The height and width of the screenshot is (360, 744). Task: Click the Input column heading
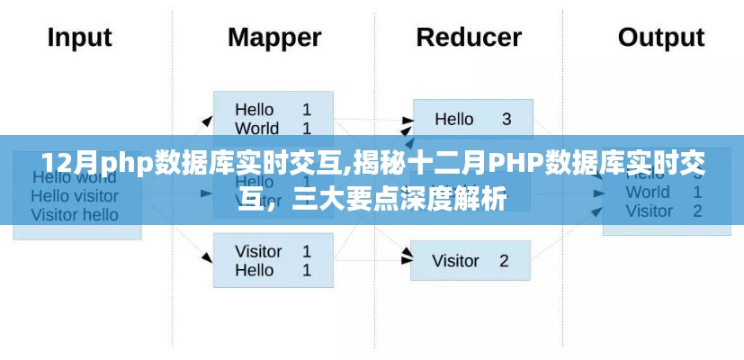tap(79, 38)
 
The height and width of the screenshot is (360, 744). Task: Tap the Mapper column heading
tap(274, 38)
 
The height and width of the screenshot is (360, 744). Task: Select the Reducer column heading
tap(469, 38)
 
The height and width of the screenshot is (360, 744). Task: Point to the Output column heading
tap(661, 38)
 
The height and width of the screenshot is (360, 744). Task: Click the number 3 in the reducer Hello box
tap(506, 119)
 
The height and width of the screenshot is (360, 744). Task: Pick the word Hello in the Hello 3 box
tap(453, 119)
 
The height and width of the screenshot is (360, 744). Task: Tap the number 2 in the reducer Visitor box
tap(504, 261)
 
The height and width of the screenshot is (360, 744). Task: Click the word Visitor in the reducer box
tap(456, 261)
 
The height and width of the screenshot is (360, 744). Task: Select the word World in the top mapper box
tap(257, 128)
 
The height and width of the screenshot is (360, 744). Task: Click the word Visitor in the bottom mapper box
tap(259, 251)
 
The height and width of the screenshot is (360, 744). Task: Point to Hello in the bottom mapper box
tap(255, 270)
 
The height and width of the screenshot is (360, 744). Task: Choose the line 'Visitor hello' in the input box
tap(75, 214)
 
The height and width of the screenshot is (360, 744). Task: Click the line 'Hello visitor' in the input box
tap(75, 195)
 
